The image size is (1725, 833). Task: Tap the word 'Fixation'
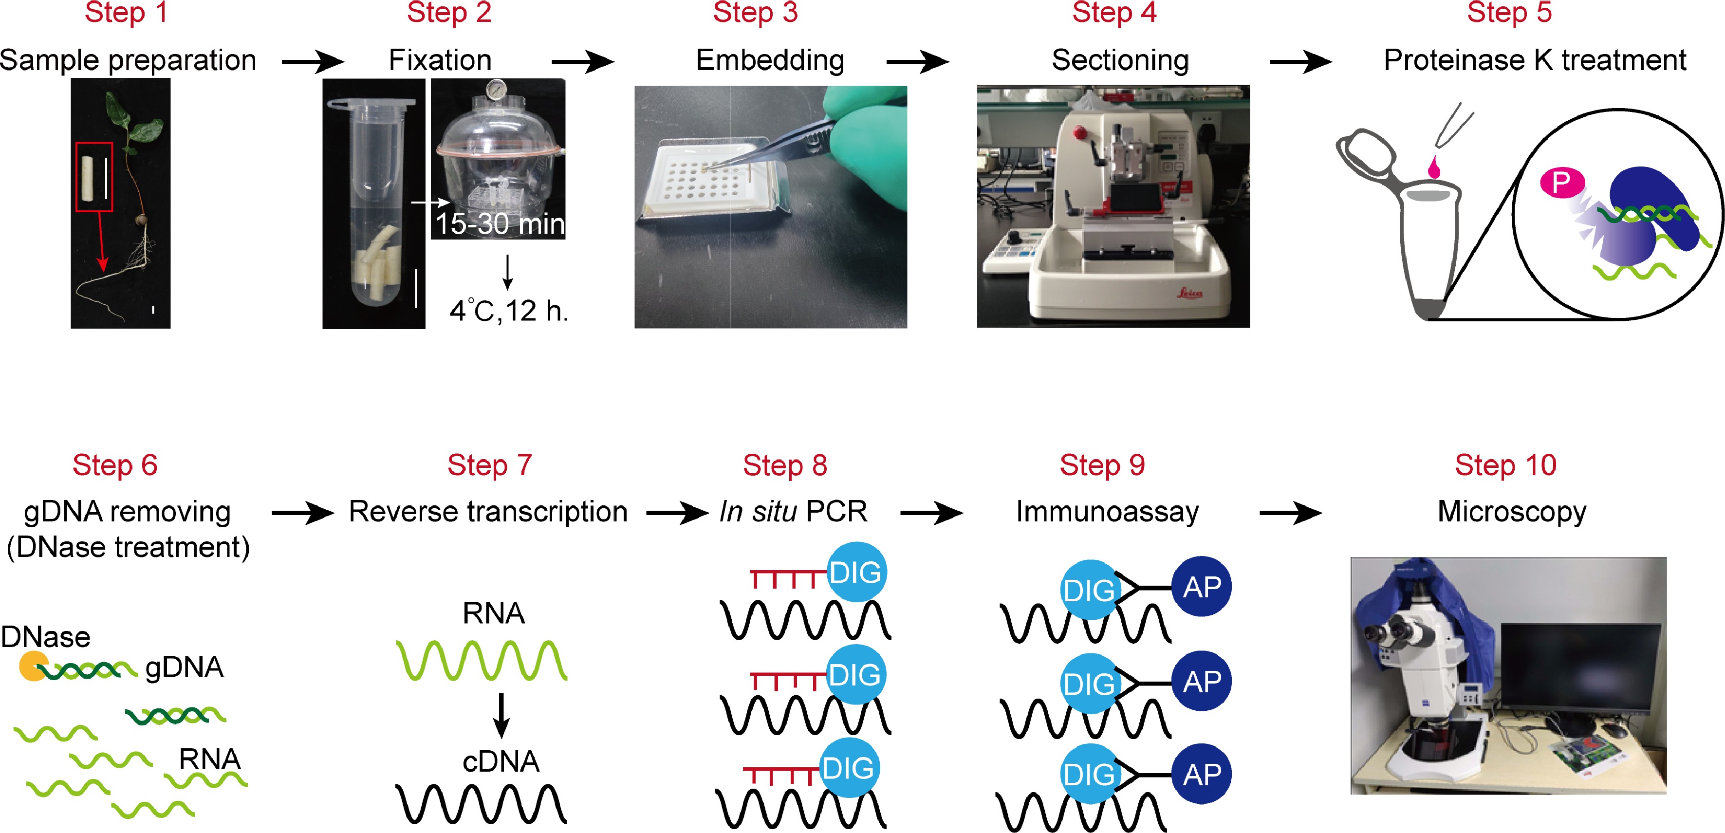coord(440,60)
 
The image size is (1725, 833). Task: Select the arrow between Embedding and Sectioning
coord(917,62)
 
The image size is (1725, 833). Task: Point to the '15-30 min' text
coord(500,223)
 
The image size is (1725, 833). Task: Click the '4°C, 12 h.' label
coord(508,311)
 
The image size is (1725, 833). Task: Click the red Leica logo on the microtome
coord(1190,293)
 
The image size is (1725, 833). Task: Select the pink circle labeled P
coord(1561,182)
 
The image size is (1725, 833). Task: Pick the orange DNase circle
coord(32,666)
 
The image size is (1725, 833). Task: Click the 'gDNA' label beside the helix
coord(184,667)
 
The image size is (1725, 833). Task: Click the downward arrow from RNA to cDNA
coord(501,715)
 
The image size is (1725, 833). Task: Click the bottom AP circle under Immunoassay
coord(1202,774)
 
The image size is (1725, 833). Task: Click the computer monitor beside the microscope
coord(1580,669)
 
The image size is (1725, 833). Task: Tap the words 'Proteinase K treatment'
coord(1534,60)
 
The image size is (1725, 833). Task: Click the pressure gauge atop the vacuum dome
coord(496,89)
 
